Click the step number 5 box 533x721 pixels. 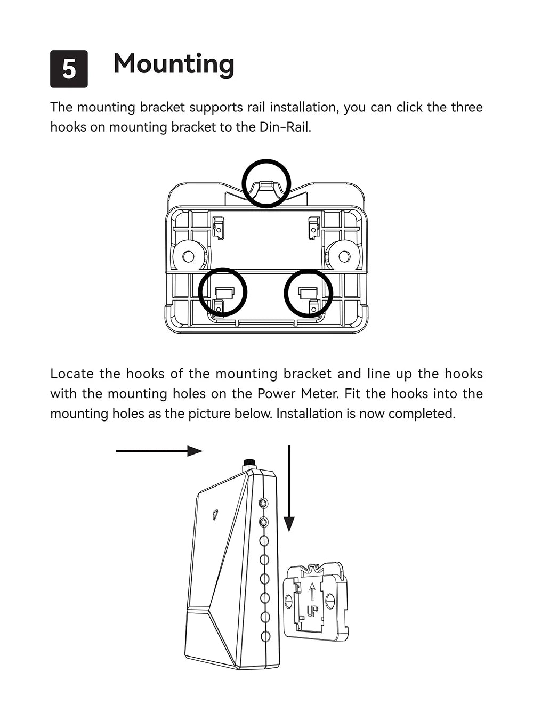coord(69,69)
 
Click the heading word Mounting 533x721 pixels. coord(174,64)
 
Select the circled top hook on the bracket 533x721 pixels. coord(266,183)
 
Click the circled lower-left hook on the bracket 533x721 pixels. coord(223,293)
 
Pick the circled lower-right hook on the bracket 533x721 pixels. coord(308,293)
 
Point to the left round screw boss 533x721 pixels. coord(189,256)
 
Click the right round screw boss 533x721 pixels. coord(344,256)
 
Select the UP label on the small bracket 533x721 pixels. coord(311,611)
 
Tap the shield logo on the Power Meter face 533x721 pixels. coord(215,514)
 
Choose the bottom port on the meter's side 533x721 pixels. coord(265,636)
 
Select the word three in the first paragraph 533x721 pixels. coord(467,107)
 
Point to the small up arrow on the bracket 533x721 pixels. coord(312,592)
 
